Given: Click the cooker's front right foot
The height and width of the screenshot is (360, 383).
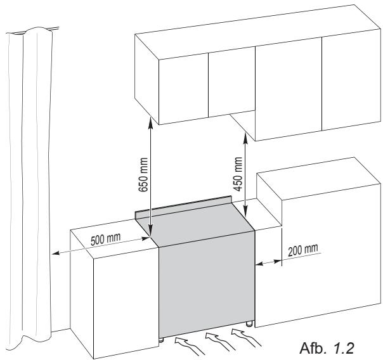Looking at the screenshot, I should tap(249, 324).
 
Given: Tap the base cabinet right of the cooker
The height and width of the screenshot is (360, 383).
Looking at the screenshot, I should tap(317, 254).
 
